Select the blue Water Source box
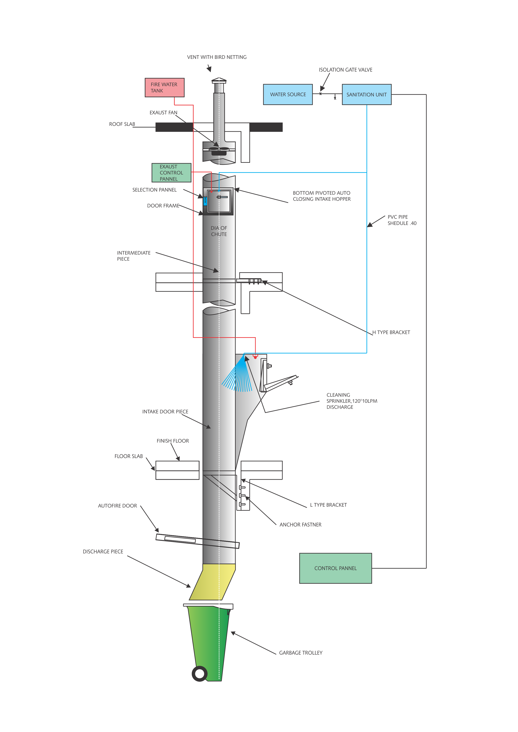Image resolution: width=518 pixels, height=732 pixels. tap(288, 94)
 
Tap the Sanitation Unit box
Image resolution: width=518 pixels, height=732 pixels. tap(366, 94)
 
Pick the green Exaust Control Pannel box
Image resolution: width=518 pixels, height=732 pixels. tap(171, 173)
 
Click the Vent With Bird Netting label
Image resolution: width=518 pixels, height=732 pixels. tap(217, 57)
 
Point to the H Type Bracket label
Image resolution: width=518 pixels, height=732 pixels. tap(391, 332)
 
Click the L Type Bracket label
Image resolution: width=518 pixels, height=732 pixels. tap(328, 505)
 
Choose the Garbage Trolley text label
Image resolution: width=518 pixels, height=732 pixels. tap(301, 653)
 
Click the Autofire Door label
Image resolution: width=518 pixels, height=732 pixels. tap(117, 506)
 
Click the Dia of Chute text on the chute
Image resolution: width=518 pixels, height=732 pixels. tap(219, 231)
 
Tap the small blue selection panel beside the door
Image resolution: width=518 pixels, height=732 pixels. tap(205, 201)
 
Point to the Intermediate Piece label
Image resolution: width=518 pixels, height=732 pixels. tap(134, 256)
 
